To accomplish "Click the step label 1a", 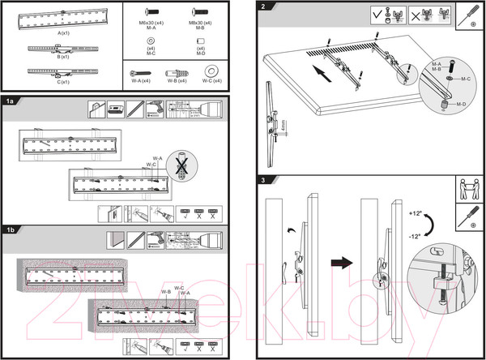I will pyautogui.click(x=11, y=102).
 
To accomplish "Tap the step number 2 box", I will pyautogui.click(x=264, y=7).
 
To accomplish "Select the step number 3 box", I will pyautogui.click(x=264, y=179).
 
